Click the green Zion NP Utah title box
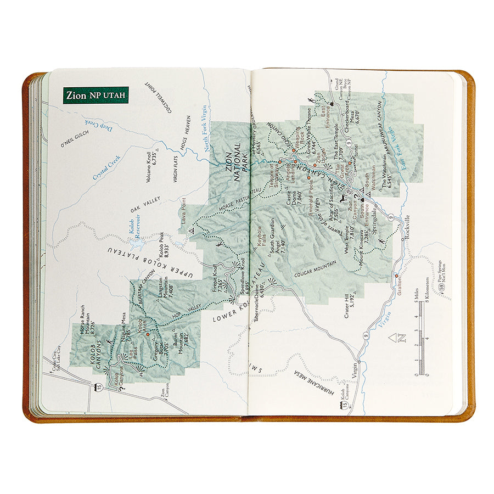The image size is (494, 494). coord(96,95)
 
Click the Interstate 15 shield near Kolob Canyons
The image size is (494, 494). coord(99,373)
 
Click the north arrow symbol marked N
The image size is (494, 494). coord(401,338)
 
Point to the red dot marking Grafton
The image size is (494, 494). coord(396,276)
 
